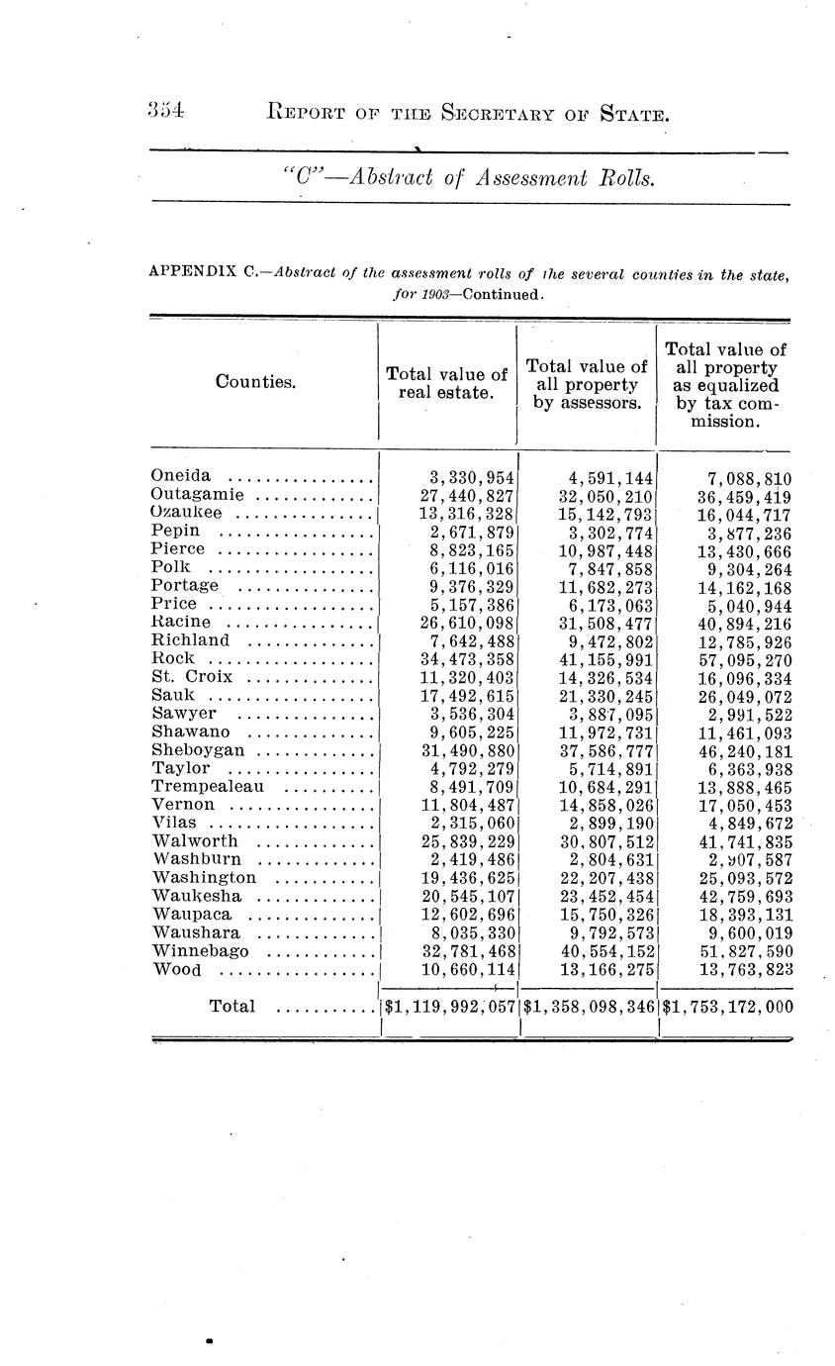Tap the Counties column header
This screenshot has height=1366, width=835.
[x=255, y=381]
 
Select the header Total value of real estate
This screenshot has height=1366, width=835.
[x=446, y=383]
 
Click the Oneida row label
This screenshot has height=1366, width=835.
[x=180, y=477]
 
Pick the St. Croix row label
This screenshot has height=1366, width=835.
[x=192, y=677]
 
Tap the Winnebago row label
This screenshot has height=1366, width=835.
[x=201, y=950]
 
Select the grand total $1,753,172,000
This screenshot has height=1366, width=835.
[x=727, y=1008]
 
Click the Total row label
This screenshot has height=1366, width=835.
[x=232, y=1007]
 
